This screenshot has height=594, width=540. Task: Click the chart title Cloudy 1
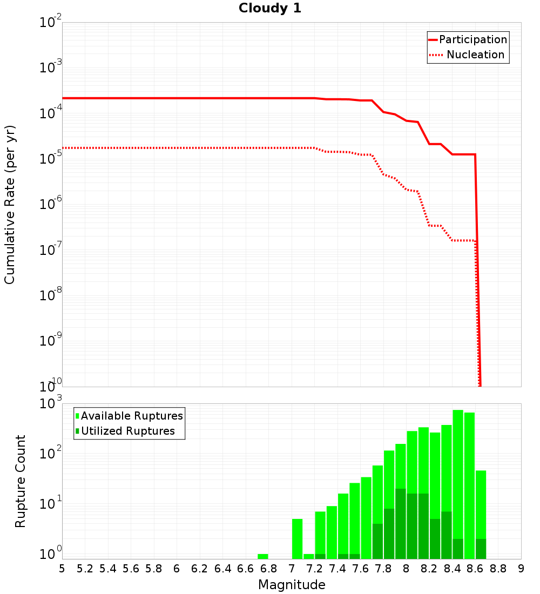coord(270,8)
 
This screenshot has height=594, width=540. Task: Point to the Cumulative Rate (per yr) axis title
coord(10,204)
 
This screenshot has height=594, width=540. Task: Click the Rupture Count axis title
coord(21,481)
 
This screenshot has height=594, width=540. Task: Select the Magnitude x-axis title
coord(292,585)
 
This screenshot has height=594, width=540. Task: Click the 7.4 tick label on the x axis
coord(337,569)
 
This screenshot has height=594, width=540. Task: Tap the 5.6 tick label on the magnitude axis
coord(131,569)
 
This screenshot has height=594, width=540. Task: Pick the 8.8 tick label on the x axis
coord(498,569)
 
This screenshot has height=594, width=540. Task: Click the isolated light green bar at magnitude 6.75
coord(263,556)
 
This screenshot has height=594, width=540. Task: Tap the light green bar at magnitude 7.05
coord(297,539)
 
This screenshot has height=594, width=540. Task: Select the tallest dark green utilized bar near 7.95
coord(401,524)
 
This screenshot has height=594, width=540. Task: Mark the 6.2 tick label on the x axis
coord(200,569)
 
